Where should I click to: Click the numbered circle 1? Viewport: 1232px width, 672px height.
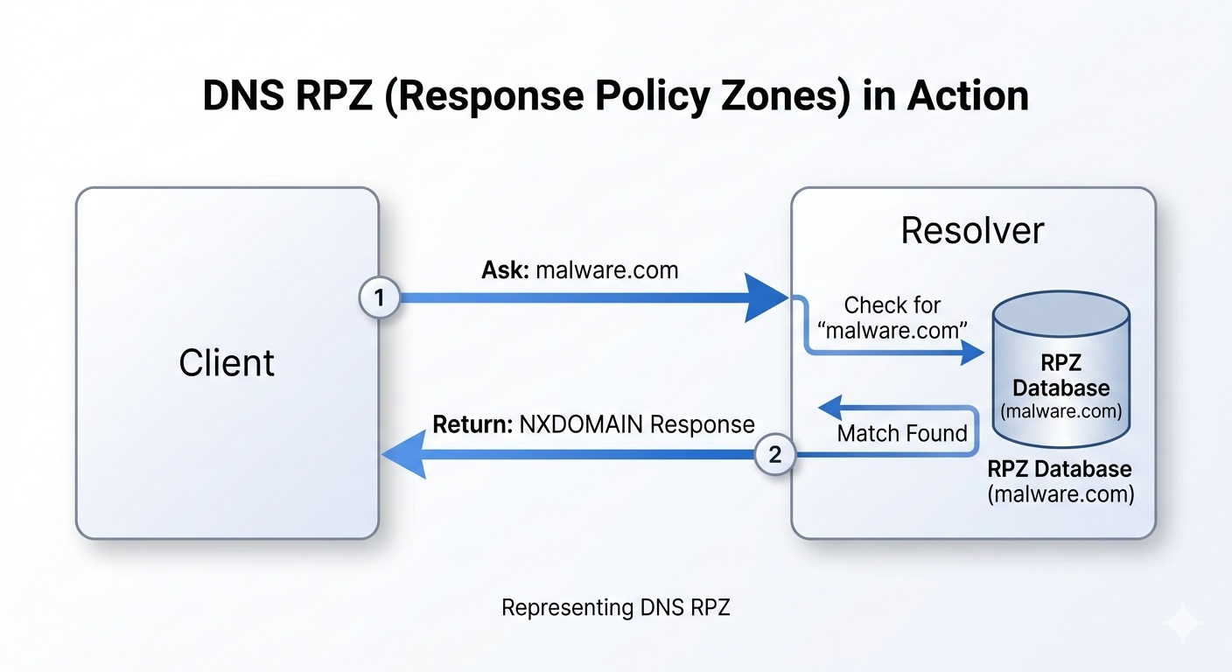[x=379, y=298]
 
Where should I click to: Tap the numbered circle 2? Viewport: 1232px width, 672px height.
[x=775, y=454]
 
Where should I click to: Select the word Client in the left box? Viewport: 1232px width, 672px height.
[x=227, y=362]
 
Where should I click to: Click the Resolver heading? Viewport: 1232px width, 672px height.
[x=972, y=231]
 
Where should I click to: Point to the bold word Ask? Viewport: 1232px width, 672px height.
[x=505, y=269]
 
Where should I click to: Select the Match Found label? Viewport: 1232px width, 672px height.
[x=902, y=433]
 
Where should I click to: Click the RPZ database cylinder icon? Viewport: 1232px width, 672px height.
[x=1062, y=367]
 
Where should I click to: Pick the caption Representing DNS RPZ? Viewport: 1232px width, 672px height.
[x=615, y=607]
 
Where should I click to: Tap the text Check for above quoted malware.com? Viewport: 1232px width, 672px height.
[x=892, y=305]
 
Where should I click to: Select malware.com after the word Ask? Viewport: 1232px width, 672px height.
[x=606, y=269]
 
